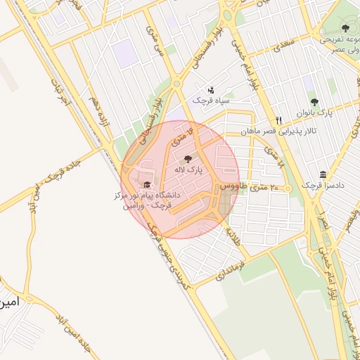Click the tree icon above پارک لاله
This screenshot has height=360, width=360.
click(x=186, y=158)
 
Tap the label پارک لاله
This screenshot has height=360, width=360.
click(x=188, y=170)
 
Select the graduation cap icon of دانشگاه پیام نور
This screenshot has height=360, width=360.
click(x=146, y=184)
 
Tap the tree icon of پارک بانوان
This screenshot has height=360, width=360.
click(x=314, y=102)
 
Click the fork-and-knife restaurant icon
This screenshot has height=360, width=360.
click(x=278, y=120)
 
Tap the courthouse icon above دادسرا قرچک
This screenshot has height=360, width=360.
click(x=323, y=174)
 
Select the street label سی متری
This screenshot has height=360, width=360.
click(x=153, y=39)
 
